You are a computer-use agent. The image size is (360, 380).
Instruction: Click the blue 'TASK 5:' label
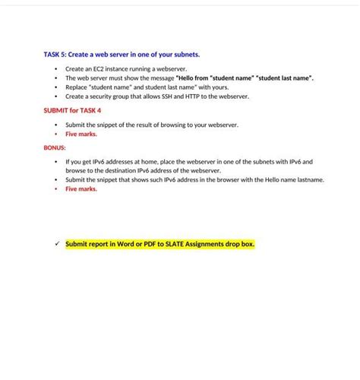click(x=54, y=55)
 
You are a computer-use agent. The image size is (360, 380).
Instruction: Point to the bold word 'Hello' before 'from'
click(x=187, y=78)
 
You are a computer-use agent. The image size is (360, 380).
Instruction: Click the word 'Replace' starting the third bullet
click(x=76, y=87)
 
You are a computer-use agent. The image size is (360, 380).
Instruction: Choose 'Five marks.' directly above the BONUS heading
click(x=81, y=134)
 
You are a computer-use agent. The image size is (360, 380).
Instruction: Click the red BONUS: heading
click(x=55, y=147)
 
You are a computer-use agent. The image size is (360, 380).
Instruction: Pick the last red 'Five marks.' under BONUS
click(x=81, y=189)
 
